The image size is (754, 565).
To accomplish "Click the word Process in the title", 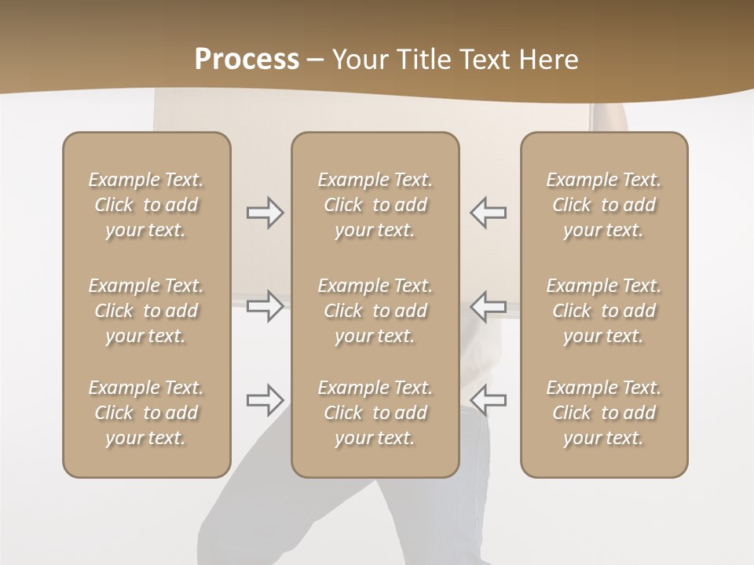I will coord(247,60).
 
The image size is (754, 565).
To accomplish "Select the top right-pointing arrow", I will coord(265,213).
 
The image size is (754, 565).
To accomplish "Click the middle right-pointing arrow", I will coord(265,305).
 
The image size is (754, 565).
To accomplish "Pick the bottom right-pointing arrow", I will coord(265,399).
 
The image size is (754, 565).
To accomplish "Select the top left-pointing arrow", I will coord(488,213).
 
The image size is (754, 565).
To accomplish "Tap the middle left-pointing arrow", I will coord(488,305).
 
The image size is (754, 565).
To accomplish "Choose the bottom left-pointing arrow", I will coord(488,399).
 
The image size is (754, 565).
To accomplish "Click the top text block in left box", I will coord(146,205).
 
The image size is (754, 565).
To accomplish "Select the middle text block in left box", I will coord(146,311).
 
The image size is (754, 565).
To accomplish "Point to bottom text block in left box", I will coord(146,413).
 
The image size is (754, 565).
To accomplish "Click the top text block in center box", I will coord(375,205).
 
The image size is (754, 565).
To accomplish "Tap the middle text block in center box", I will coord(375,311).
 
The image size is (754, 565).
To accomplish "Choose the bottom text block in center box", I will coord(375,413).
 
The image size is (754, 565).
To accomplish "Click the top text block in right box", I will coord(604,205).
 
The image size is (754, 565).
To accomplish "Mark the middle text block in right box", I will coord(604,311).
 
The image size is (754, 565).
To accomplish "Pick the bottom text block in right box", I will coord(604,413).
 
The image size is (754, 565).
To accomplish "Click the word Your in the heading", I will coord(359,60).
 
